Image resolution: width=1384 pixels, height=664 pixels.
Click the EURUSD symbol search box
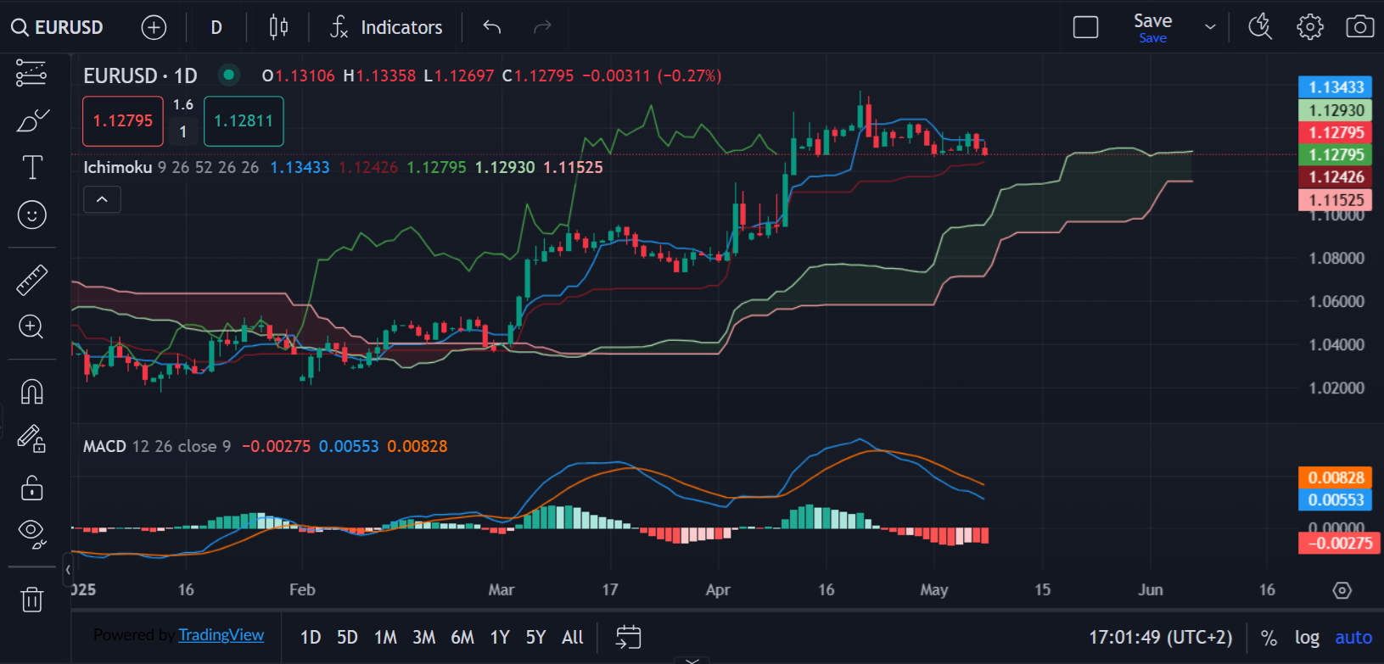[58, 27]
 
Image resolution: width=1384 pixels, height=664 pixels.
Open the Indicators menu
[387, 27]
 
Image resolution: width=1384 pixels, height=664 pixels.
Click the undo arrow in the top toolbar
[492, 27]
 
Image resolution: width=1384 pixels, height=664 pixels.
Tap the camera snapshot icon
[1359, 27]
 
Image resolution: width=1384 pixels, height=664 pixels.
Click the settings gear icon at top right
[1309, 27]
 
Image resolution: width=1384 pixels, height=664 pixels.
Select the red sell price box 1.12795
[123, 121]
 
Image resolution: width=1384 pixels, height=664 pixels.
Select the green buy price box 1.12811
[244, 121]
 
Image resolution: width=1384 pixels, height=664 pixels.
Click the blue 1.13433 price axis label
[1336, 87]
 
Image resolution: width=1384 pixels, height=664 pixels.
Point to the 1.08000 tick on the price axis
[1336, 258]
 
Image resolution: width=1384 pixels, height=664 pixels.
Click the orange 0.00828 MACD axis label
[1336, 477]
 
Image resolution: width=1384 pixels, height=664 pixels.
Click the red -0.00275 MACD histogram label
[1339, 543]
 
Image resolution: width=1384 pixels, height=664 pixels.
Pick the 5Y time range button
[535, 637]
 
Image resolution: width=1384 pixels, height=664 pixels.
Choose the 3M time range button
[423, 637]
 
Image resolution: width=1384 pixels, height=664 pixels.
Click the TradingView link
[221, 635]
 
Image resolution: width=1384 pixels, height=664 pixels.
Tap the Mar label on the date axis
[501, 589]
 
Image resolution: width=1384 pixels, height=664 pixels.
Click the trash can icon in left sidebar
[31, 600]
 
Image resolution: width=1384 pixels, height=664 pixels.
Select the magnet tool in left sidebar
[31, 392]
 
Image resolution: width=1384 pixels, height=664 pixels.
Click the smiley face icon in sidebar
[31, 215]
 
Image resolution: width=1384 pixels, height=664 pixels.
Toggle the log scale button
[1307, 637]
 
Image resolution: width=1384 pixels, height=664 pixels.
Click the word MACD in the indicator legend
[104, 446]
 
